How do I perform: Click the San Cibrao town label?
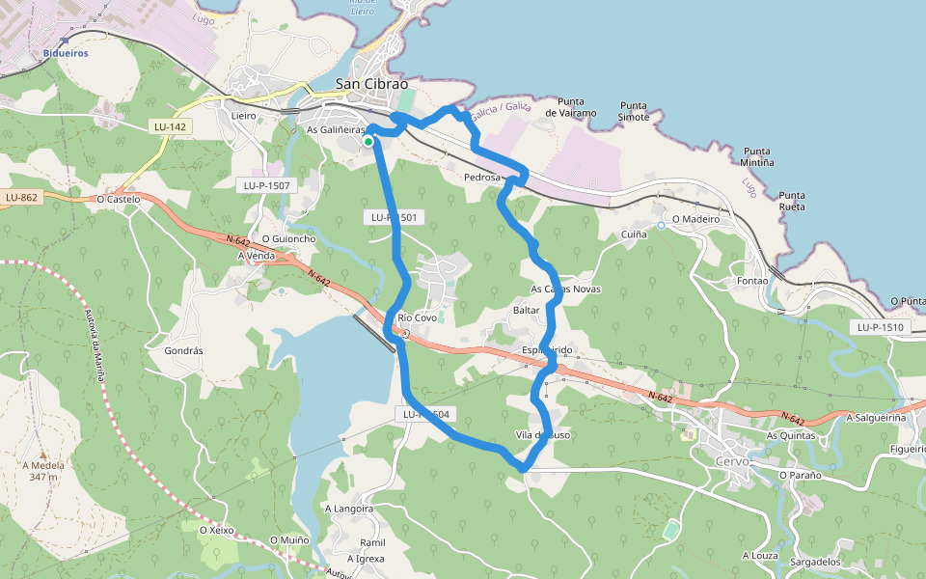point(372,84)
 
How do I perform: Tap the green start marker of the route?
point(368,142)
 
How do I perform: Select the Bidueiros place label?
point(66,53)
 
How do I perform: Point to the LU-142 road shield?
point(170,126)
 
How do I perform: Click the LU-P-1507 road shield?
point(267,184)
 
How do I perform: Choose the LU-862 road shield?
point(21,198)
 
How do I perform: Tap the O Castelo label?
point(119,199)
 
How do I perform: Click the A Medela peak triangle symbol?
point(42,454)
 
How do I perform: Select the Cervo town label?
point(733,462)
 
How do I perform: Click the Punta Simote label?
point(634,111)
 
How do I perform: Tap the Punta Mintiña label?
point(759,156)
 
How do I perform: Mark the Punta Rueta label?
point(792,201)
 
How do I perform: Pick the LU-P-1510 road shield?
point(880,327)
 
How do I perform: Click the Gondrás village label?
point(183,351)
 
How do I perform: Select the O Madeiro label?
point(695,219)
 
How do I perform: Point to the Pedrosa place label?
point(482,178)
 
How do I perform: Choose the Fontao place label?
point(751,281)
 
